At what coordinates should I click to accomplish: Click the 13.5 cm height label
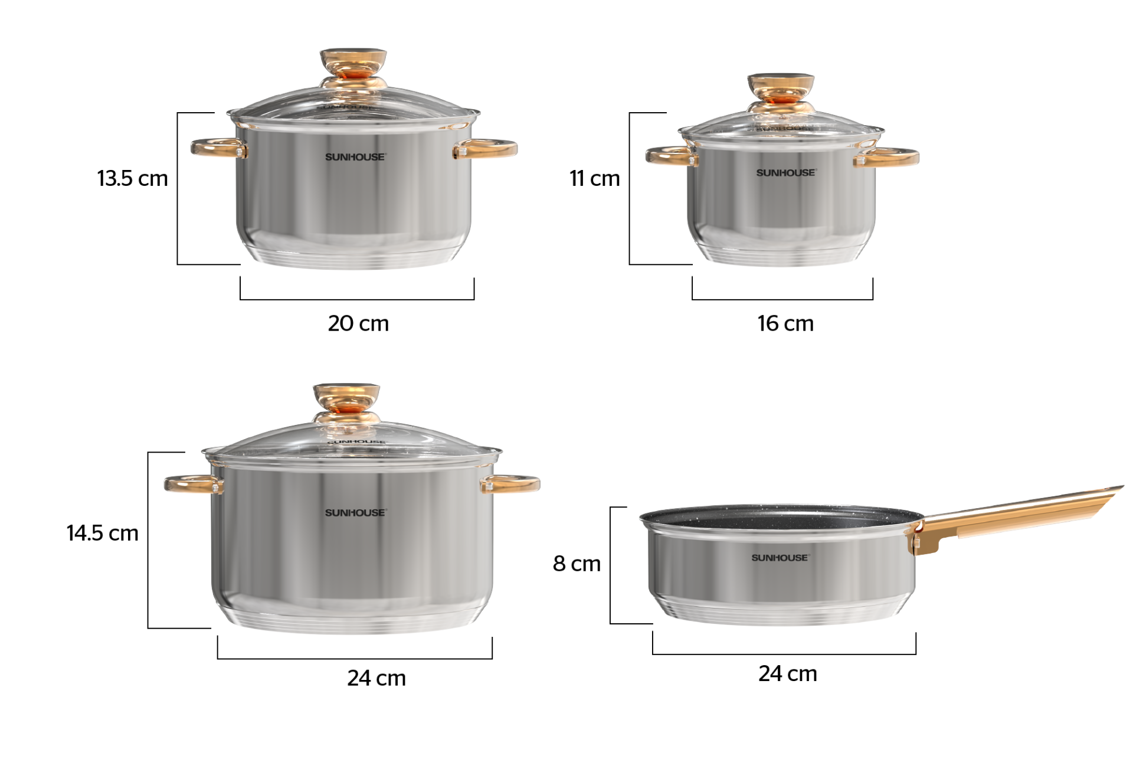(x=132, y=178)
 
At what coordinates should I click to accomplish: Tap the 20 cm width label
(x=358, y=323)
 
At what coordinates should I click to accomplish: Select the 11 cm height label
(x=594, y=178)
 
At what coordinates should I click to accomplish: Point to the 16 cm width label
(x=785, y=323)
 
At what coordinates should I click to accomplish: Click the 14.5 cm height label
(x=102, y=533)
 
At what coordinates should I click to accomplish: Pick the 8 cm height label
(x=577, y=564)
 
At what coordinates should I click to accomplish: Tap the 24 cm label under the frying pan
(x=787, y=673)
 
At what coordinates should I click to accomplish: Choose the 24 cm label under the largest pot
(x=376, y=678)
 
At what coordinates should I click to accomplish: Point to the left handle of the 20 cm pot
(x=216, y=148)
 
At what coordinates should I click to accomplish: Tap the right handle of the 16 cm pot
(x=888, y=157)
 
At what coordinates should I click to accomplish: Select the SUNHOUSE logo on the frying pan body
(x=780, y=558)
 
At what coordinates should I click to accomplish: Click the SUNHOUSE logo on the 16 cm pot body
(x=785, y=173)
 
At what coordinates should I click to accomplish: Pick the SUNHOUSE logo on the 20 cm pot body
(x=355, y=157)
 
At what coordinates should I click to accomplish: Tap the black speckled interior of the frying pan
(x=779, y=516)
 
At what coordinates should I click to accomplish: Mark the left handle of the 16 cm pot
(x=670, y=156)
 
